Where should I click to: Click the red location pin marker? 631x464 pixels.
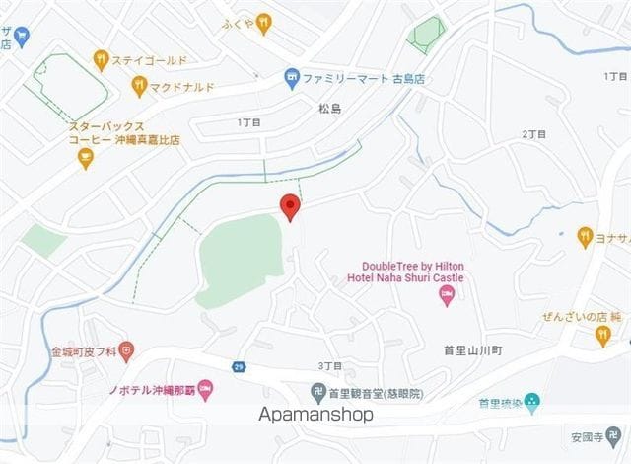pyautogui.click(x=289, y=207)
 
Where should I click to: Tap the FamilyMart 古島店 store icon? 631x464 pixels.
pyautogui.click(x=292, y=76)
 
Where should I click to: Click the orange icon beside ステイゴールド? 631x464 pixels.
pyautogui.click(x=100, y=59)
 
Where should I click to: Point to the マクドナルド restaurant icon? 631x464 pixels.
pyautogui.click(x=139, y=86)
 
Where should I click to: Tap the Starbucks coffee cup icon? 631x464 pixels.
pyautogui.click(x=85, y=157)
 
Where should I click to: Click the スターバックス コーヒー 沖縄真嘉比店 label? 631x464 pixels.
pyautogui.click(x=124, y=133)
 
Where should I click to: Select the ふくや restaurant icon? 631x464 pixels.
pyautogui.click(x=262, y=25)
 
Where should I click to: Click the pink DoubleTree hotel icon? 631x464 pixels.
pyautogui.click(x=447, y=294)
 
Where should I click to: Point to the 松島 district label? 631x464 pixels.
pyautogui.click(x=329, y=108)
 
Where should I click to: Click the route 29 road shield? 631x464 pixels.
pyautogui.click(x=239, y=367)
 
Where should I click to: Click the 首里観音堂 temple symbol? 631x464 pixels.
pyautogui.click(x=318, y=393)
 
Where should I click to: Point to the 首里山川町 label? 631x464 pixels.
pyautogui.click(x=473, y=350)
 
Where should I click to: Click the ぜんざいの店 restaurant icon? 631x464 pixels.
pyautogui.click(x=602, y=336)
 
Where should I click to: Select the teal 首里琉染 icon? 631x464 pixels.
pyautogui.click(x=532, y=402)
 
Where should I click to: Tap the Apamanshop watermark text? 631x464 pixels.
pyautogui.click(x=316, y=415)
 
